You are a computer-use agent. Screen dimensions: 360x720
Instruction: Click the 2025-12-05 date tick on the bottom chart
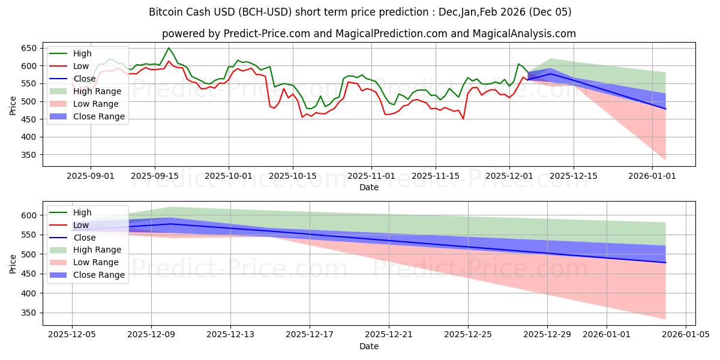point(72,335)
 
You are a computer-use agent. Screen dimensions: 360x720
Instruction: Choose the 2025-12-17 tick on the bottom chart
point(310,335)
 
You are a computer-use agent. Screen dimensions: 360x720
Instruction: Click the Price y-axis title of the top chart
point(13,105)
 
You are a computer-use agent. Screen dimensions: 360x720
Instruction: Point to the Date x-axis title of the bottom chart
point(368,346)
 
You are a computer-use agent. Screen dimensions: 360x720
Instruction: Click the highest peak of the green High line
point(169,48)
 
